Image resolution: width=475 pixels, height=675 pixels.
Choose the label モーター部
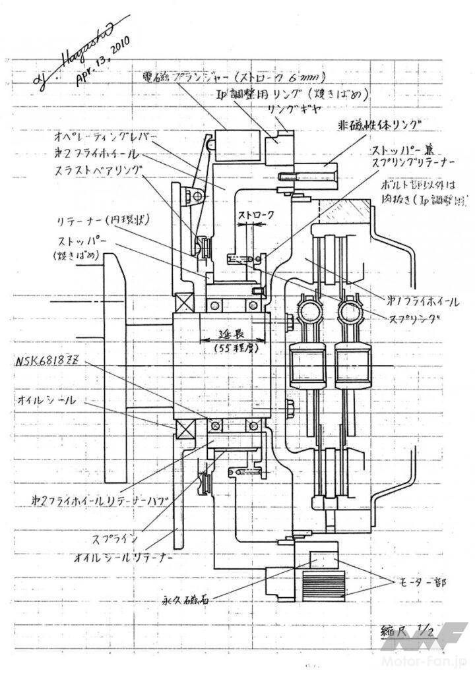422,583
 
